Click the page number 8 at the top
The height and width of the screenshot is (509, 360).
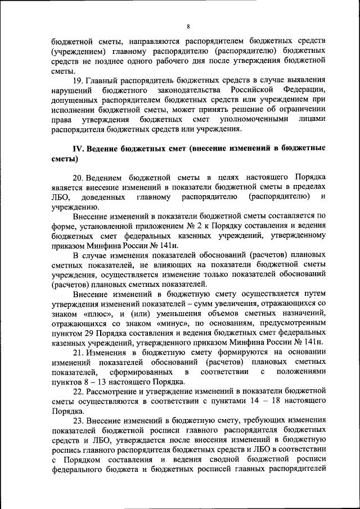tap(188, 26)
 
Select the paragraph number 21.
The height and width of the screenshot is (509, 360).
tap(79, 352)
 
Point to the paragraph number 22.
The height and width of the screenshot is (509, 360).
tap(79, 390)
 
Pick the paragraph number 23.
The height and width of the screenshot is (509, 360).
tap(79, 419)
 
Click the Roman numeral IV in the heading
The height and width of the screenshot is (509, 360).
tap(79, 149)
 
